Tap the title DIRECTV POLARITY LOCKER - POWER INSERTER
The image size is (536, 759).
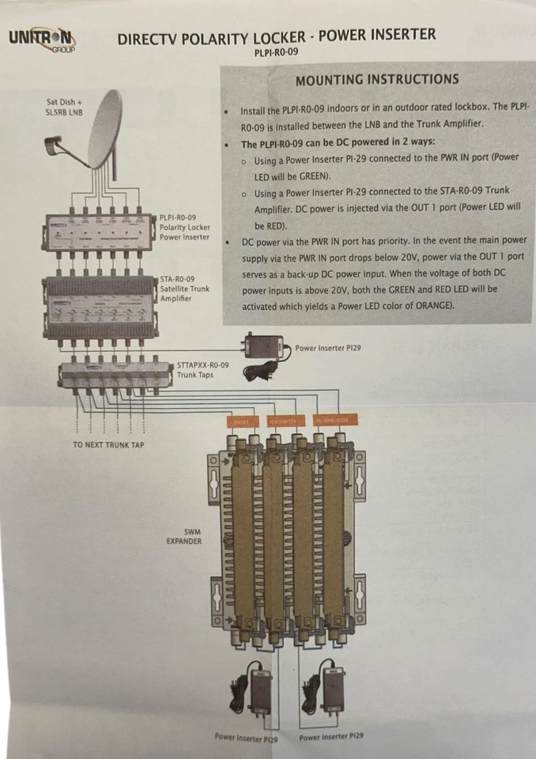276,36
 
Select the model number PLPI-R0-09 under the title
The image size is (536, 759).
276,54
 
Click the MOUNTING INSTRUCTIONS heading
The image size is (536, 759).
376,79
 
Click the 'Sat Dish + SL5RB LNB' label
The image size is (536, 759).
64,107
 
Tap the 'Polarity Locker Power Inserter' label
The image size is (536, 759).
184,227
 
